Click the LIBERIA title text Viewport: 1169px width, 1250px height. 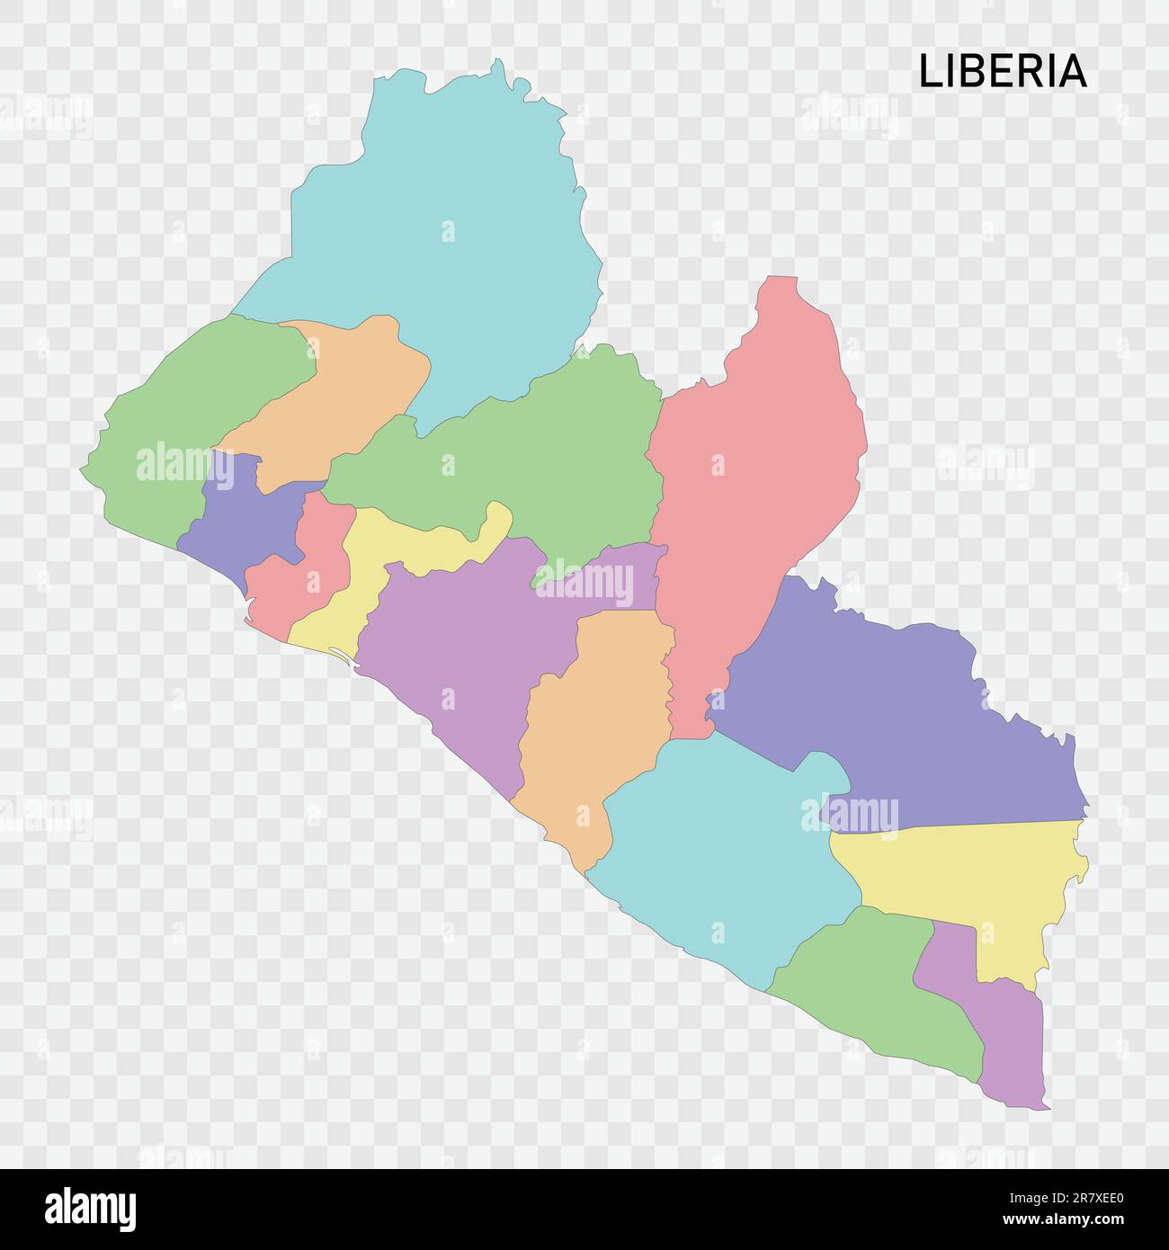tap(1002, 72)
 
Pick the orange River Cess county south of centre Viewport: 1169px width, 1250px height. tap(593, 719)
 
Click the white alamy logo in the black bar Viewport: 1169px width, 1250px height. tap(90, 1209)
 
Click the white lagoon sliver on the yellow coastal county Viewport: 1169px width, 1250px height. tap(342, 657)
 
